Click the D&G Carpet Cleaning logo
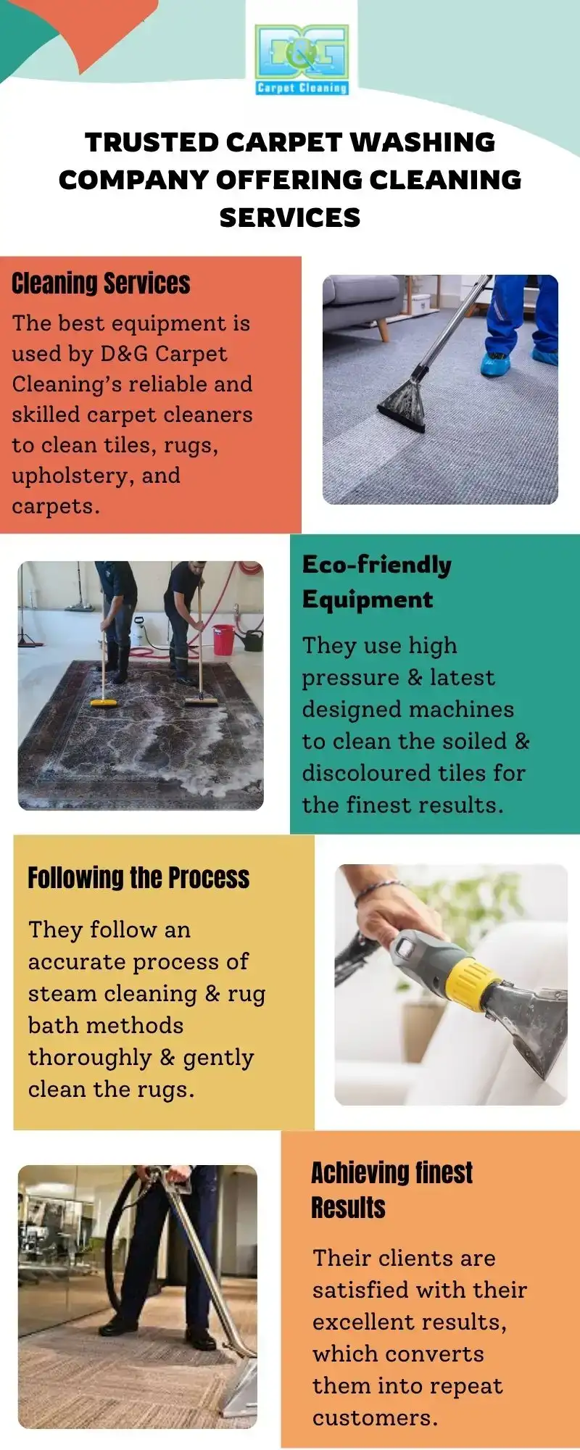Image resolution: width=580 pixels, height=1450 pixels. pos(302,60)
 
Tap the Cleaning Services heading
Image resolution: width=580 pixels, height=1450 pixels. pos(101,283)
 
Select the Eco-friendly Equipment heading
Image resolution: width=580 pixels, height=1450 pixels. pos(377,581)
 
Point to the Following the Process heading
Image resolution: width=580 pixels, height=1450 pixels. pos(138,877)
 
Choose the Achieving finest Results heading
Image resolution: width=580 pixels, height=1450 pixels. pos(391,1190)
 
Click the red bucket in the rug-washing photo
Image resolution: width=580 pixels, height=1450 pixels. pos(223,639)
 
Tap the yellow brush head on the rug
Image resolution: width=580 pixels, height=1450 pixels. pos(106,702)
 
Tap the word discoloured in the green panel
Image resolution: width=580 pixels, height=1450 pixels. pos(368,773)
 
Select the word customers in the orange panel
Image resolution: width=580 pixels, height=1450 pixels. pos(375,1418)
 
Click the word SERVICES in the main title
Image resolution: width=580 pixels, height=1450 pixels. pos(290,217)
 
